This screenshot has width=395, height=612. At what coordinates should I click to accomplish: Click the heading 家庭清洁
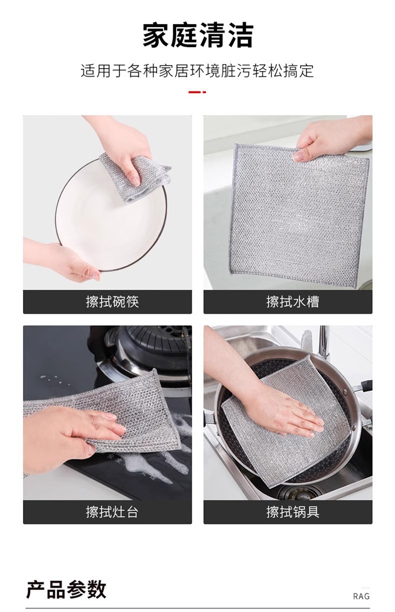198,36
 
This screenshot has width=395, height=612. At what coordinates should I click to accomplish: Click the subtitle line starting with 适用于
197,71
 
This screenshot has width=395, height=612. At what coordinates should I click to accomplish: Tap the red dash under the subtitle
197,93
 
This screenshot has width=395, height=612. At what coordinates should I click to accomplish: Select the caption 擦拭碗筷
112,302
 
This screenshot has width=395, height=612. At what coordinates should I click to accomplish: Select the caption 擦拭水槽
292,302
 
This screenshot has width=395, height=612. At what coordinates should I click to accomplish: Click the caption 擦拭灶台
112,512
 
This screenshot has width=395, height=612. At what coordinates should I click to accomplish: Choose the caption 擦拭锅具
292,512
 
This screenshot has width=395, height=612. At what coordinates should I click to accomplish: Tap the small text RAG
361,596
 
